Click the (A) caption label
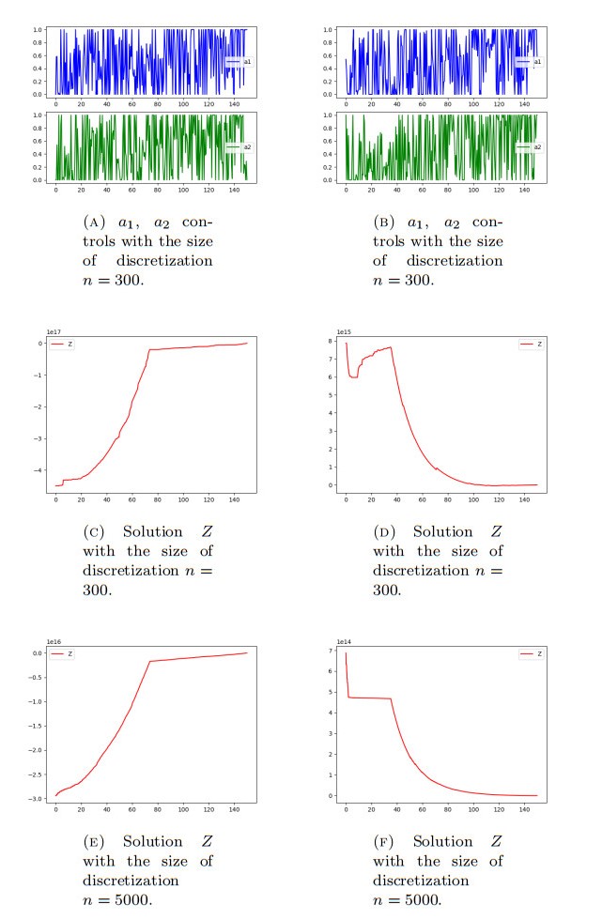[x=95, y=223]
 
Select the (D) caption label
[x=385, y=532]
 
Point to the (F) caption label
[x=385, y=842]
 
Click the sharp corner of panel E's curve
[x=150, y=661]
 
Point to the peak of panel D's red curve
[x=390, y=347]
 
